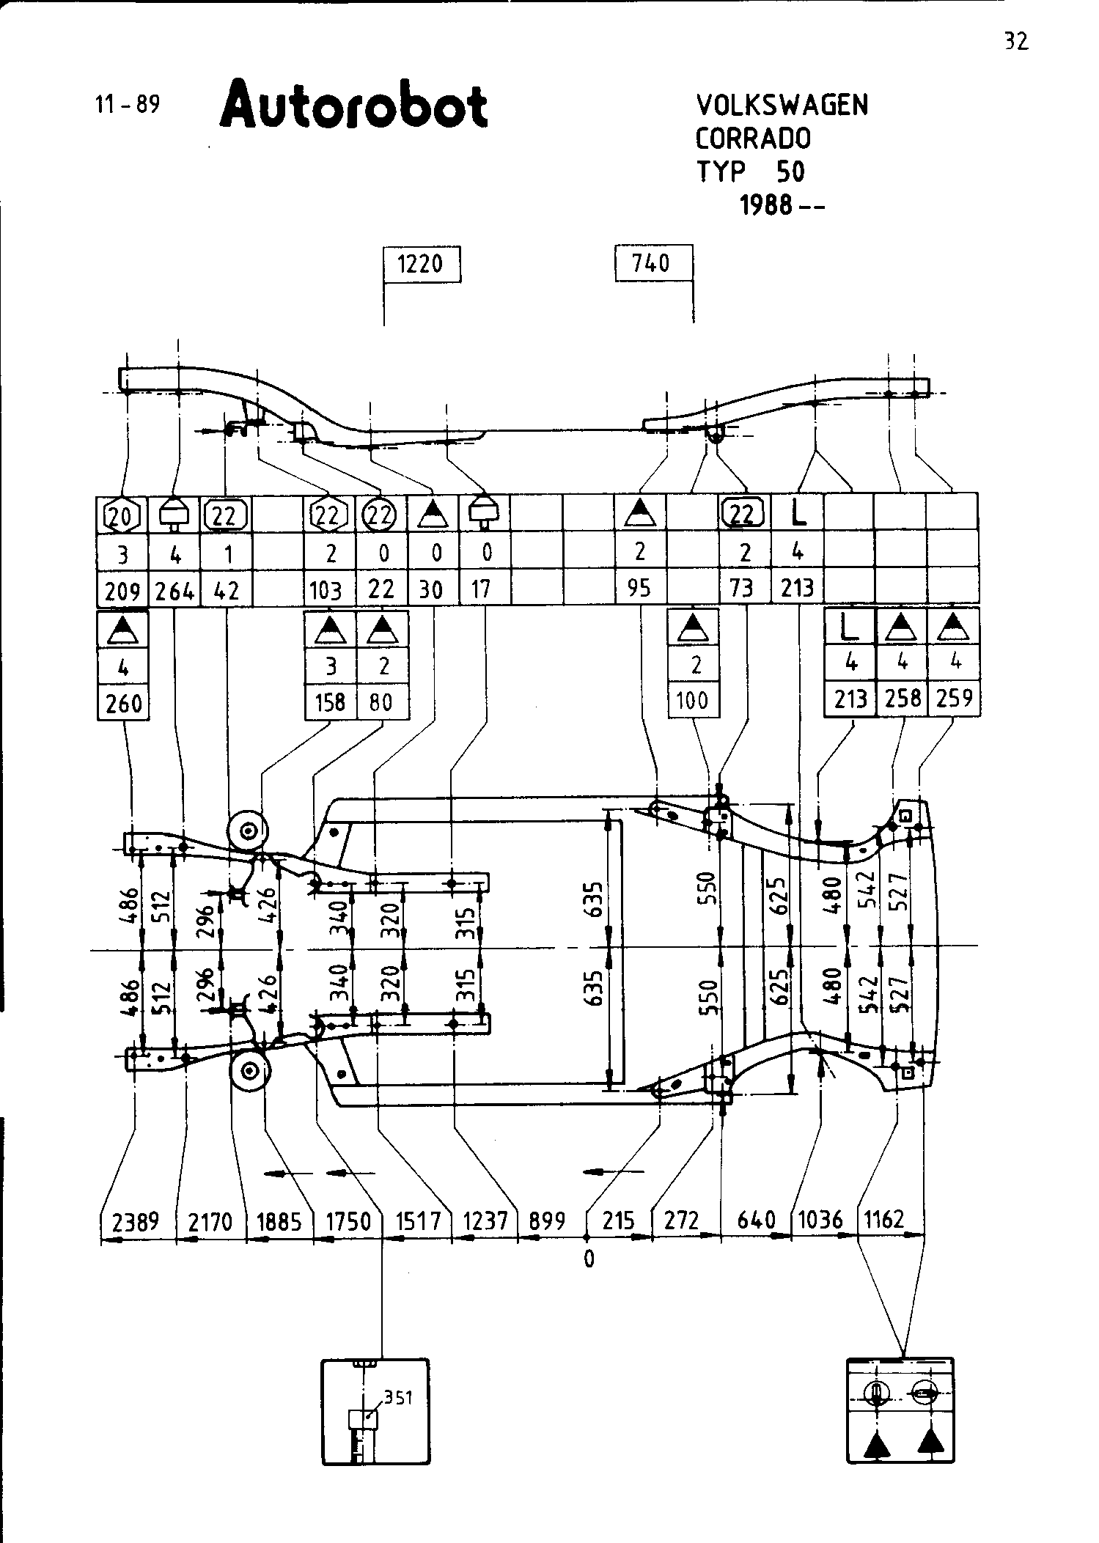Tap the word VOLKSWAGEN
pos(782,106)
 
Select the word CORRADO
pos(753,139)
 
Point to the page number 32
pos(1016,42)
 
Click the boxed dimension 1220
pos(421,264)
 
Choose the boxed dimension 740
pos(652,263)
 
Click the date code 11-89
pos(127,105)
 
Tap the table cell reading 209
pos(122,590)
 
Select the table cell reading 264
pos(174,590)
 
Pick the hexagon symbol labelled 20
pos(122,516)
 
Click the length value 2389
pos(136,1221)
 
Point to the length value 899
pos(548,1221)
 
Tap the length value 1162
pos(884,1220)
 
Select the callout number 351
pos(398,1398)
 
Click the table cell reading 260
pos(123,704)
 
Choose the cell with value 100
pos(693,701)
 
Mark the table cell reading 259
pos(954,698)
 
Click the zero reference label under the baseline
pos(589,1259)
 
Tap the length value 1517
pos(417,1221)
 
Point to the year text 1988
pos(766,206)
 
